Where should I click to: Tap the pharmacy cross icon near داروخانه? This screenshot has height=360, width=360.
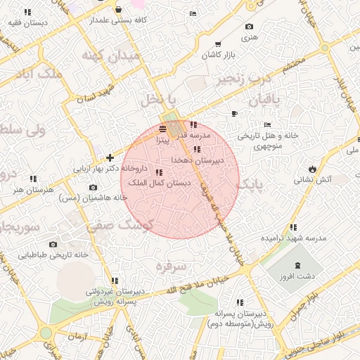tap(110, 157)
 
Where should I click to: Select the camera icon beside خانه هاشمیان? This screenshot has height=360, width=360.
tap(94, 187)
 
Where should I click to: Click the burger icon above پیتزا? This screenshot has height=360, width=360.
tap(163, 129)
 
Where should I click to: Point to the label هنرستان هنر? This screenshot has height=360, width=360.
tap(28, 190)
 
